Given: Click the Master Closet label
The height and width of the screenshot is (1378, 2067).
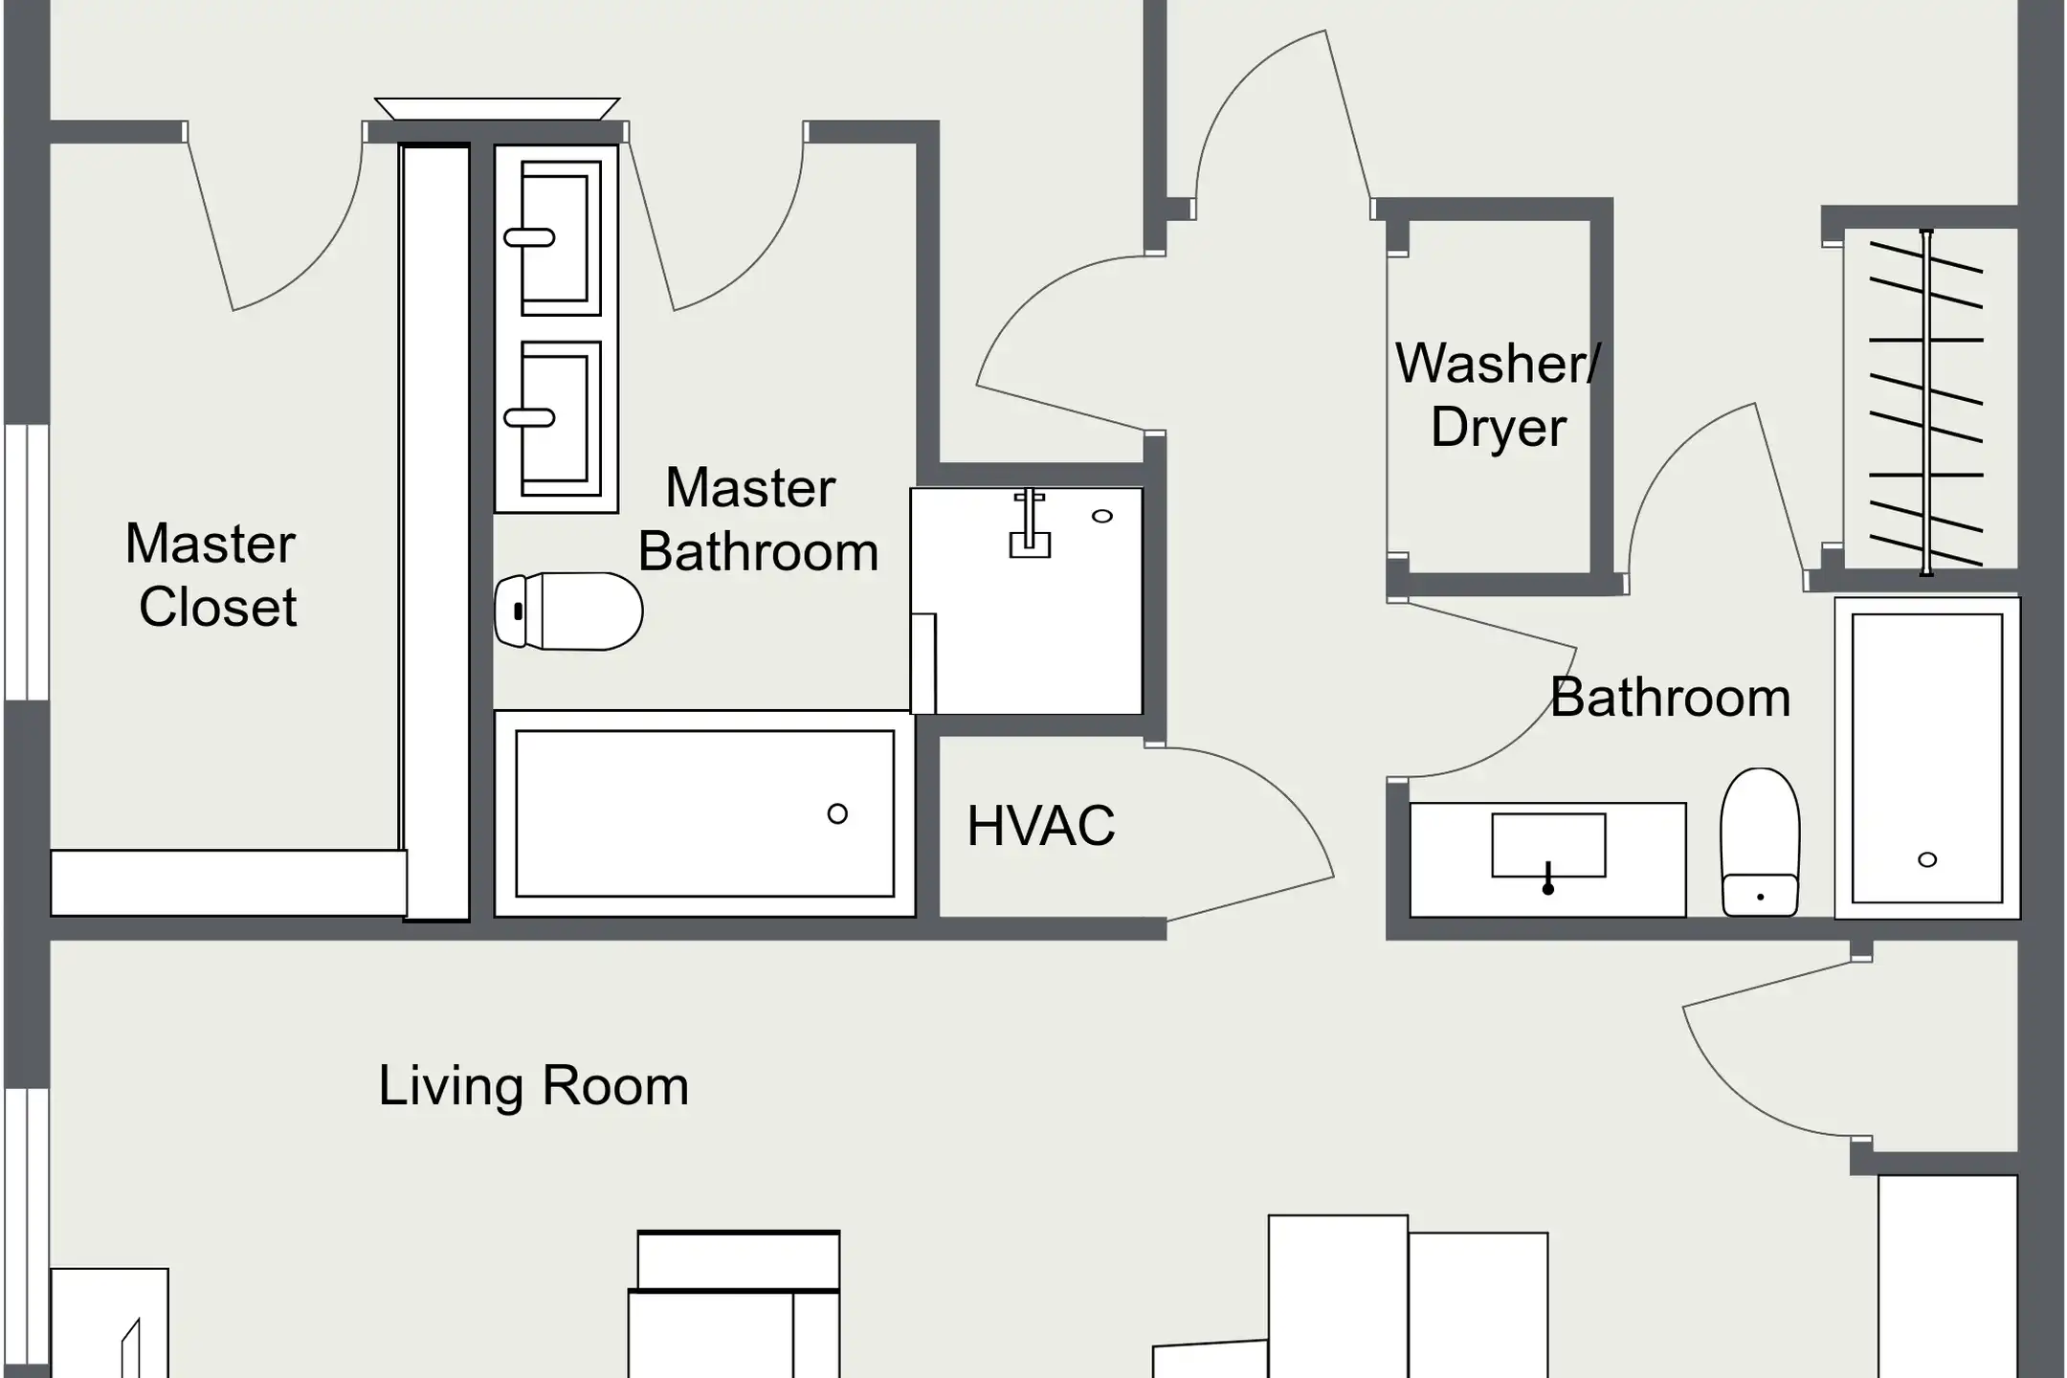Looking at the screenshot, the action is [x=211, y=575].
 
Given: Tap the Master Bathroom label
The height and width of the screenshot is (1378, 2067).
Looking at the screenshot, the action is [x=758, y=520].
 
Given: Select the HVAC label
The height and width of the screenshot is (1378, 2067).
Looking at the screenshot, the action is [x=1041, y=826].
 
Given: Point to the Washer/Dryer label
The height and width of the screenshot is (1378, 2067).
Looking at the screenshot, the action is [x=1498, y=394].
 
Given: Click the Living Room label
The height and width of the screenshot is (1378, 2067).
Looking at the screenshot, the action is [x=534, y=1086].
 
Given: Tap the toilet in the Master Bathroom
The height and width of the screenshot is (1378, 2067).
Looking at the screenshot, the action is [x=568, y=611].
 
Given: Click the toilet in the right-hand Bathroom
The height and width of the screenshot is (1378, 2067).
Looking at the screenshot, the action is [x=1760, y=842].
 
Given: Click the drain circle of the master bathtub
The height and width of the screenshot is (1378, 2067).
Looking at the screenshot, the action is [x=837, y=814].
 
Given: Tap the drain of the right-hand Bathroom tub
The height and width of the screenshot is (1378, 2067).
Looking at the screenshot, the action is [x=1927, y=859].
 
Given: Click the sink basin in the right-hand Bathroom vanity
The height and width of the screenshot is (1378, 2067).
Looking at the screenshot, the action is [x=1548, y=845].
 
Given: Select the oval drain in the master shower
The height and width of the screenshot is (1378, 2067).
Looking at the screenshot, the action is [x=1102, y=517].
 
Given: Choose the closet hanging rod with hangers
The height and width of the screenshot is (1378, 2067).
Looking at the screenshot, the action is [x=1926, y=402].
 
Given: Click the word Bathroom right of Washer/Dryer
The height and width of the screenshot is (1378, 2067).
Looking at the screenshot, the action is [x=1671, y=698].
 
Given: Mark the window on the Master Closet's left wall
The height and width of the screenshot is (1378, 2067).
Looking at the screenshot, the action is [x=27, y=562].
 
